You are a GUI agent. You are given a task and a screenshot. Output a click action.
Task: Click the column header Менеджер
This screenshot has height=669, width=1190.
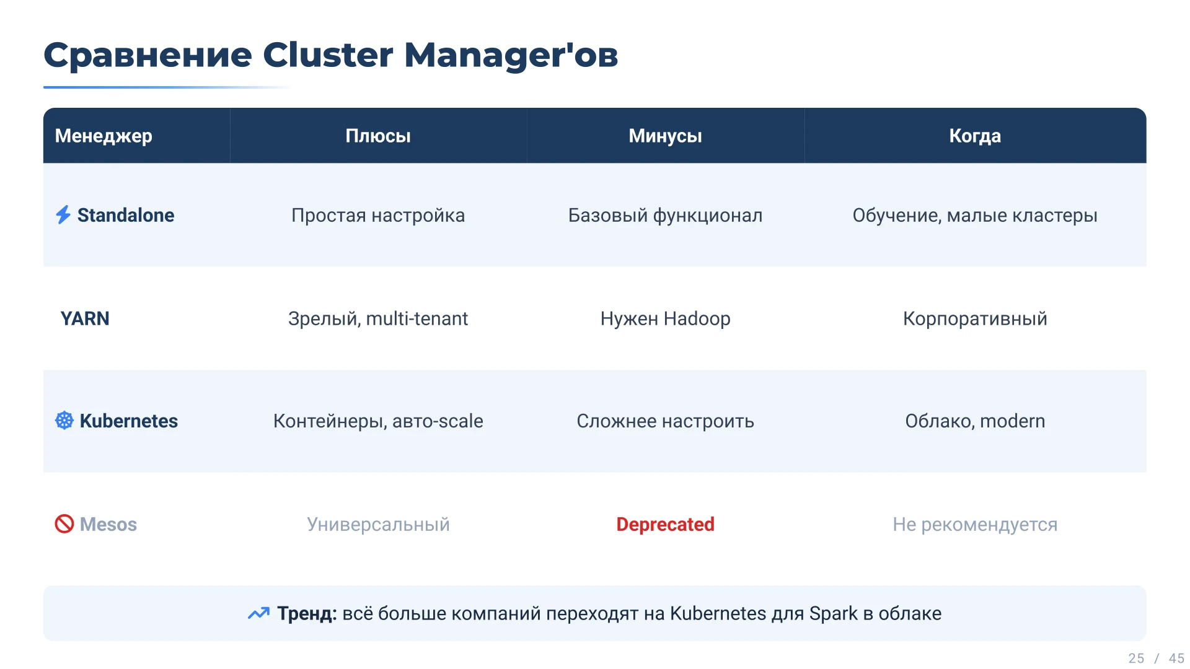(104, 136)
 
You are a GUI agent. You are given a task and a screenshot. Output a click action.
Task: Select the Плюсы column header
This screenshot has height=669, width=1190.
(378, 136)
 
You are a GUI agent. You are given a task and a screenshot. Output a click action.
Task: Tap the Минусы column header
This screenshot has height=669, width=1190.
(665, 136)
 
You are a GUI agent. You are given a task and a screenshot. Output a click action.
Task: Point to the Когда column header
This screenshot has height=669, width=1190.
(975, 136)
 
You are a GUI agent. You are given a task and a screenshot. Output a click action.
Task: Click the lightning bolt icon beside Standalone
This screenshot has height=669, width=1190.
(63, 215)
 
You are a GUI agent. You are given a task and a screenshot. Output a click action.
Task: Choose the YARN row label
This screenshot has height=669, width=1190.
(85, 318)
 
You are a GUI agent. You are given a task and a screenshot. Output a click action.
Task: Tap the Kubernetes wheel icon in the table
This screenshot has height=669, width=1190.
(64, 421)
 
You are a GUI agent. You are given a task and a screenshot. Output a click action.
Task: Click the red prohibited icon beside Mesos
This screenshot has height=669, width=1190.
(64, 524)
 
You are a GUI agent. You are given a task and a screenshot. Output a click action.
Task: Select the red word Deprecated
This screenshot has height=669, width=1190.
(665, 525)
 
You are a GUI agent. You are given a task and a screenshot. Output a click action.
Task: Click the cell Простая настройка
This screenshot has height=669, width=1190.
(378, 216)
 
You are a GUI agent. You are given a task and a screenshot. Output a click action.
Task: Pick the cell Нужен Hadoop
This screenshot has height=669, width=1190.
(665, 318)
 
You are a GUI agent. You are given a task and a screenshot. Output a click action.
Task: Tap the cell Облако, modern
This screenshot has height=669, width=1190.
(975, 421)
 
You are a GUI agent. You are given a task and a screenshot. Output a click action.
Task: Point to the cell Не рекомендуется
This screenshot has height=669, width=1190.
(975, 525)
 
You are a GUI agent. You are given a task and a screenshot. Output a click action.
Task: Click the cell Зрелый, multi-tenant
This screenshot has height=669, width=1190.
(378, 318)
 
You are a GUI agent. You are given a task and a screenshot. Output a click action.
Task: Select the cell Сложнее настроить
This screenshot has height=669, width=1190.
(665, 421)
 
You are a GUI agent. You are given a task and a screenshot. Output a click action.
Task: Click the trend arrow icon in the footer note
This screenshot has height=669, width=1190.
(258, 613)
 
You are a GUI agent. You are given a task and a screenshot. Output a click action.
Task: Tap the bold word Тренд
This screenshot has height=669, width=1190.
(307, 613)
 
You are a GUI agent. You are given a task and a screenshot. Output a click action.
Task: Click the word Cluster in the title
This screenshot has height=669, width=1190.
(328, 55)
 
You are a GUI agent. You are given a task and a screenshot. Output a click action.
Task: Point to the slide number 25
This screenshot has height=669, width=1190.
(1136, 658)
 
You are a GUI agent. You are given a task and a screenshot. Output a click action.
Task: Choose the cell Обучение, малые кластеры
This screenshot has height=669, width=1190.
(975, 216)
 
